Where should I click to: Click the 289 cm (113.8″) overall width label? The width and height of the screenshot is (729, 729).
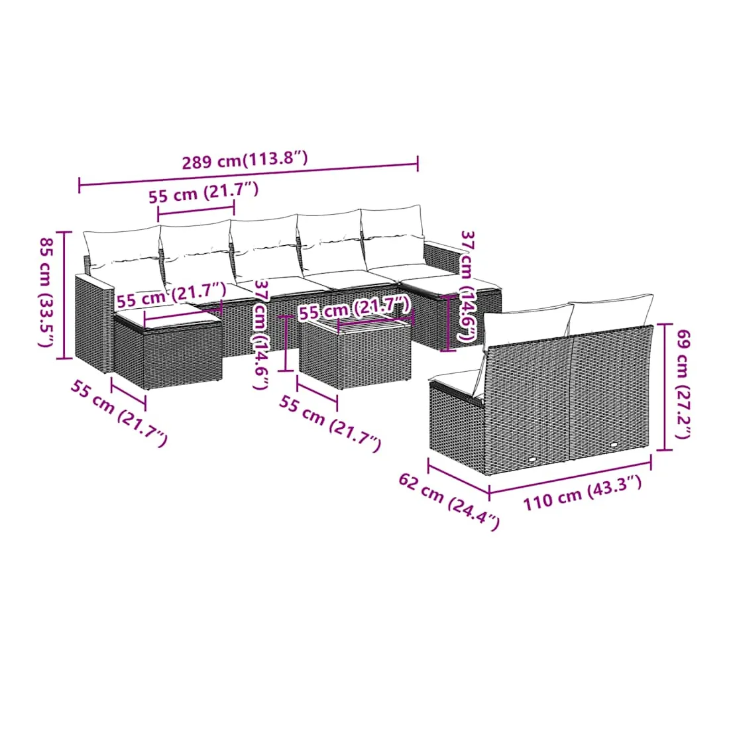pos(245,160)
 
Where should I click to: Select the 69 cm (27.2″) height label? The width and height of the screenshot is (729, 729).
pos(683,384)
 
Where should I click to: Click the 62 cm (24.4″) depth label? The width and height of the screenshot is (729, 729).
pos(449,501)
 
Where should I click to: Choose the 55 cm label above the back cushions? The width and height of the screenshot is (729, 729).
pos(203,192)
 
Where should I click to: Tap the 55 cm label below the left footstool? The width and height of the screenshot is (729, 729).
pos(119,413)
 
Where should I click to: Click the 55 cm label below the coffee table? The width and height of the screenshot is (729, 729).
pos(330,423)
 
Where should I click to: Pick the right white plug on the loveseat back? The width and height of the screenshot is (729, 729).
pos(614,445)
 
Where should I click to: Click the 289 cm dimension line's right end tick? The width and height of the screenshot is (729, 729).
pos(418,164)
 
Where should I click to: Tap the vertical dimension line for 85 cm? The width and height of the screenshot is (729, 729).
pos(64,295)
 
